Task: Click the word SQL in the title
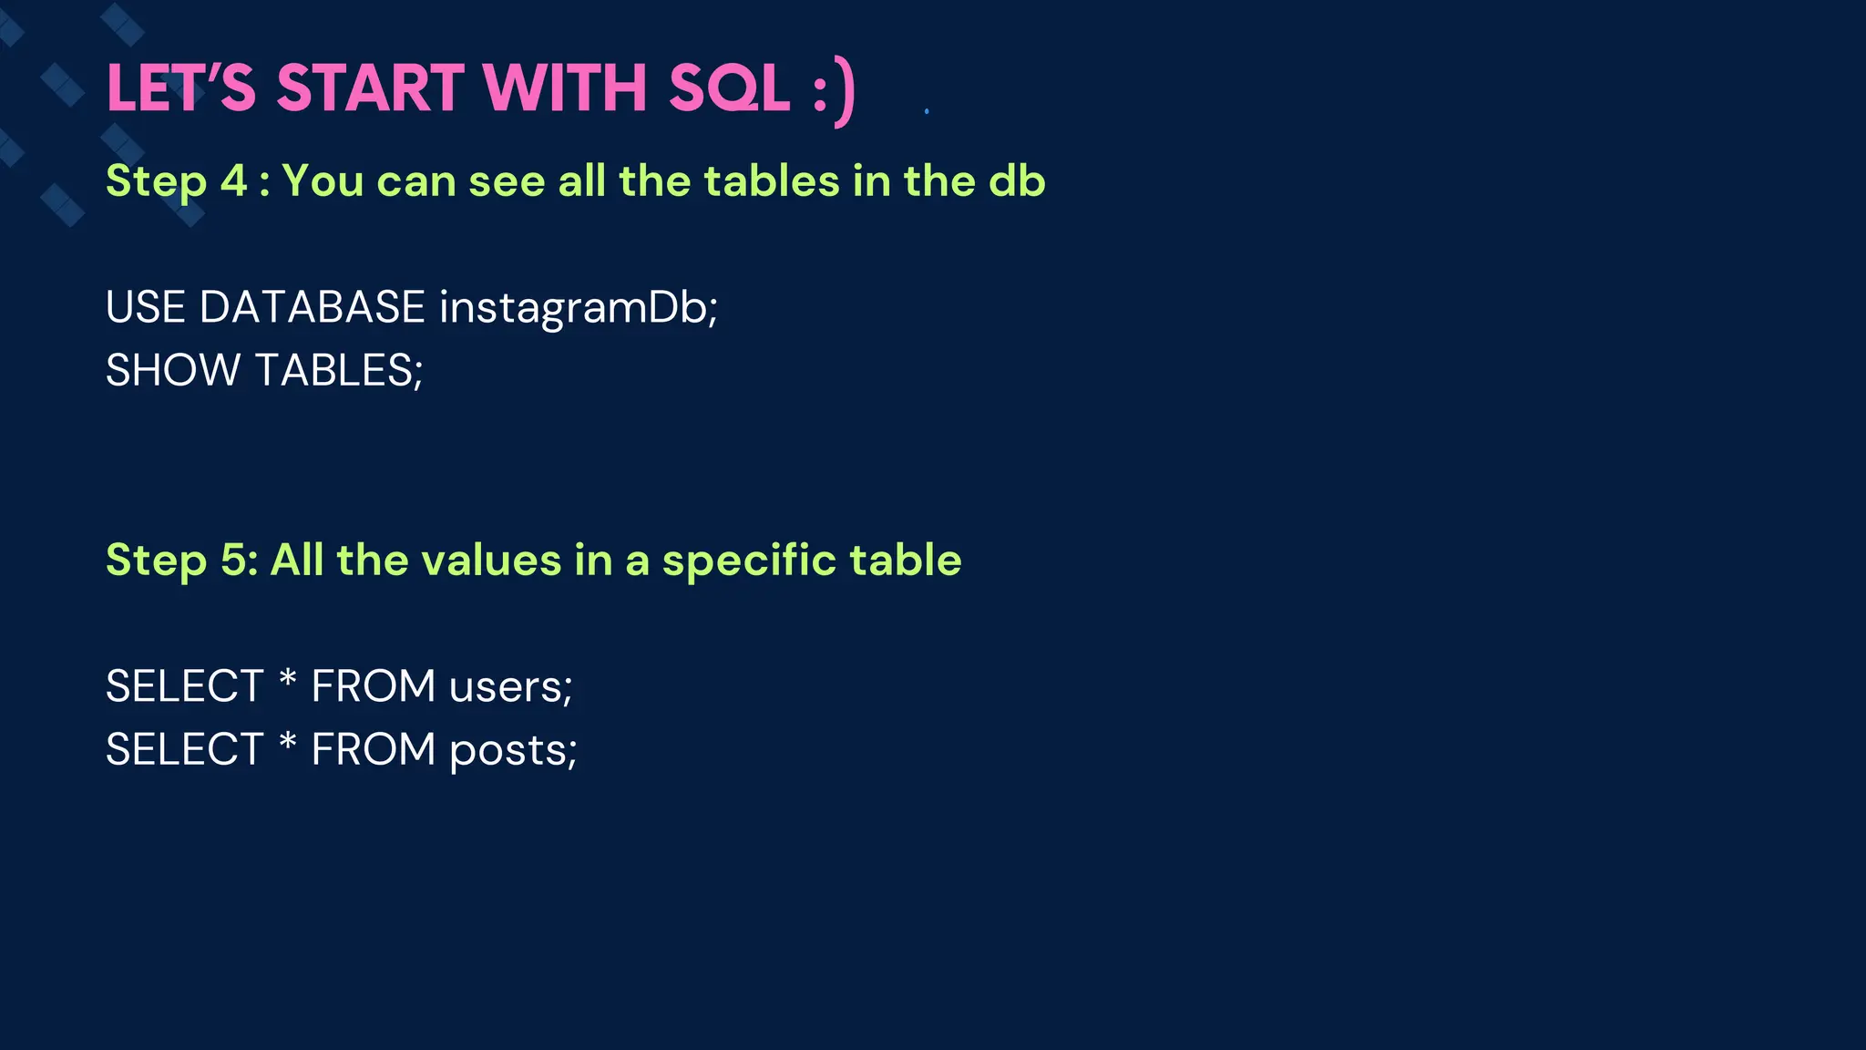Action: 729,89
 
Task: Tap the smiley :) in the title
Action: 835,91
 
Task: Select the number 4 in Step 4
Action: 234,180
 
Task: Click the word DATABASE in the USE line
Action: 312,307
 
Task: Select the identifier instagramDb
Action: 578,308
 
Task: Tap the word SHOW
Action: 173,371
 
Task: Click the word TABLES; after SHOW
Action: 339,371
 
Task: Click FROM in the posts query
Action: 374,750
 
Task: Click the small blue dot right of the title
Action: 927,111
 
